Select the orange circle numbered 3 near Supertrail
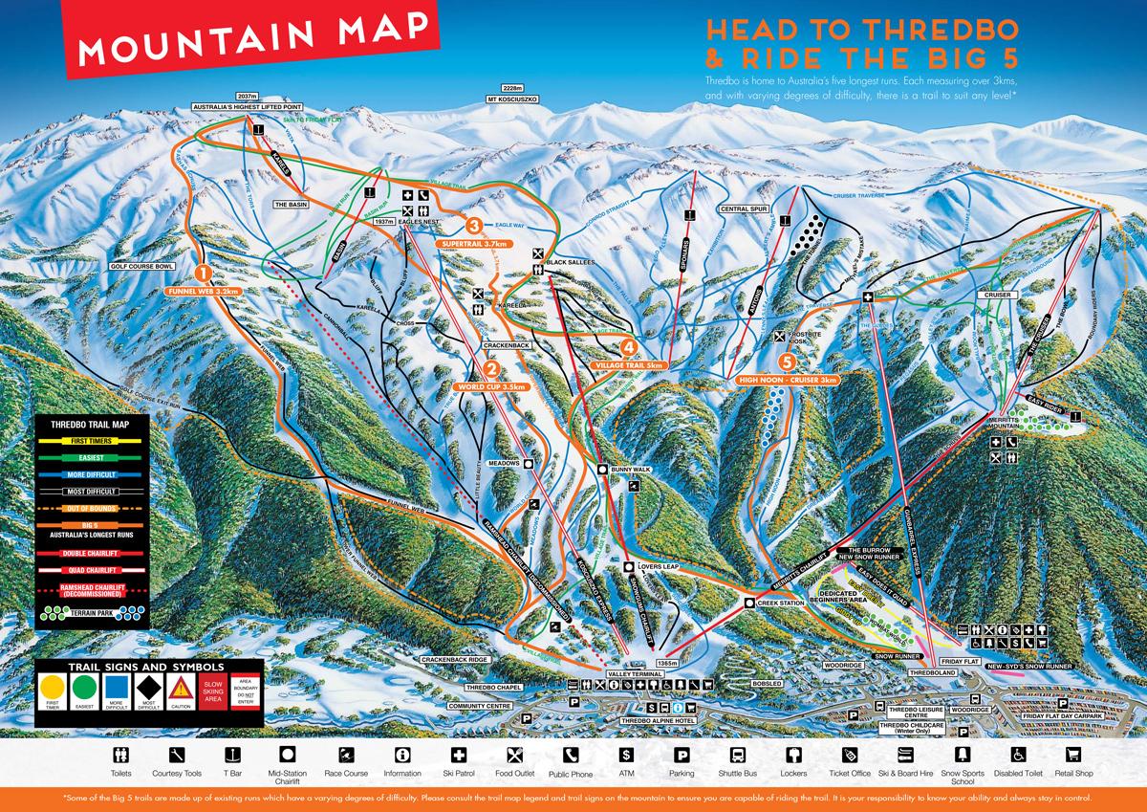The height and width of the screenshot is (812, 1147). tap(472, 226)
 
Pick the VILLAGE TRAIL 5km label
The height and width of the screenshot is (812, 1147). tap(628, 365)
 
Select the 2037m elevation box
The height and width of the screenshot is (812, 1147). tap(249, 97)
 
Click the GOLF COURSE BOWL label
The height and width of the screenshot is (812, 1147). tap(142, 267)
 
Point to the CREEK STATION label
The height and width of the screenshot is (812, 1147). tap(776, 604)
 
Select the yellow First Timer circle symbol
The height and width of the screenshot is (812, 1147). tap(52, 688)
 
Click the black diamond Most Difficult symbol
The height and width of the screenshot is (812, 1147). tap(147, 688)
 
